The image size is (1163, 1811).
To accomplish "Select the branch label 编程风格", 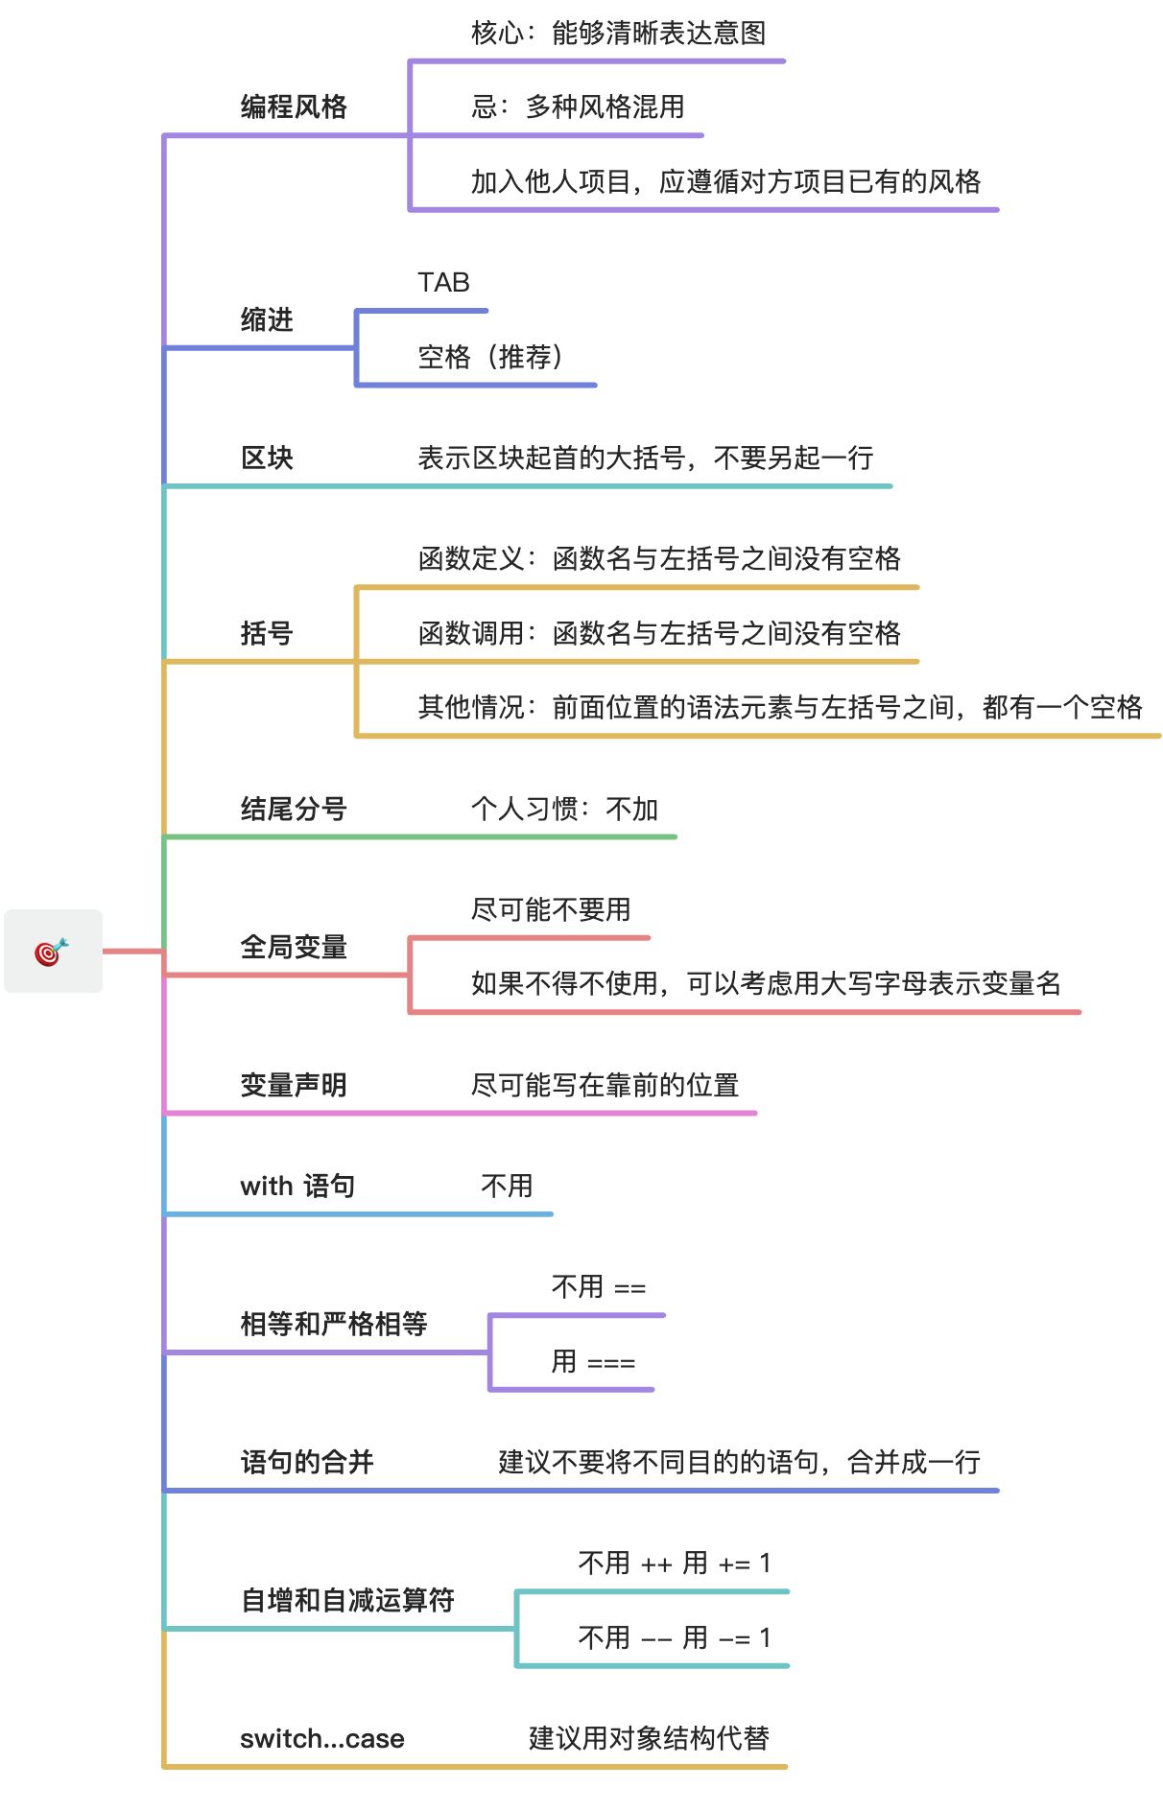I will click(294, 106).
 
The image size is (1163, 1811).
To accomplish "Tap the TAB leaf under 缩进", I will click(443, 283).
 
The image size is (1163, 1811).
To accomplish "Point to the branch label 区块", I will click(267, 458).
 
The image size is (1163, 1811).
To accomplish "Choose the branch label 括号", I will click(267, 633).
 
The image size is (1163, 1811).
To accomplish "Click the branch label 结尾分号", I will click(294, 809).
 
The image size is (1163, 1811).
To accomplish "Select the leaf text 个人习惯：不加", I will click(564, 809).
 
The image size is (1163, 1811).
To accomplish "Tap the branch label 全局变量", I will click(294, 947).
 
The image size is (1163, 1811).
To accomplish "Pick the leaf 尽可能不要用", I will click(551, 909).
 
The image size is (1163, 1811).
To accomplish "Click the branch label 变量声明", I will click(294, 1085).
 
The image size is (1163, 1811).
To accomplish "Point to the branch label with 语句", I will click(297, 1187).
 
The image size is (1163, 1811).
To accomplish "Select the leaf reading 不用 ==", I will click(599, 1287).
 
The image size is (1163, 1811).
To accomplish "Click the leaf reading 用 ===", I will click(593, 1362).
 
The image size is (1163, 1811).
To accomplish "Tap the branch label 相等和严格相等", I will click(334, 1325).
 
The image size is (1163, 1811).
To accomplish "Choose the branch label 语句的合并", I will click(307, 1462).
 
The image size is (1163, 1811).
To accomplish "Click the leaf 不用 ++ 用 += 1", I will click(675, 1564).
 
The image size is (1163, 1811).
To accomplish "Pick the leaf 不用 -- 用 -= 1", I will click(675, 1637).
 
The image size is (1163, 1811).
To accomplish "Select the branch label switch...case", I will click(322, 1738).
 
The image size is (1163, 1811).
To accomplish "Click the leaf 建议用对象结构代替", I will click(649, 1738).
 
